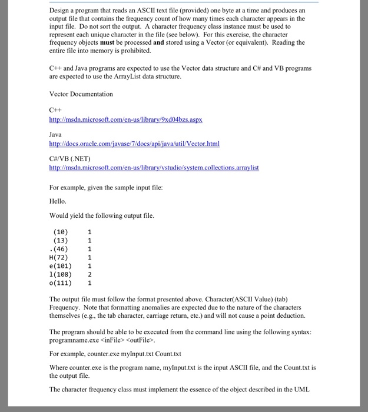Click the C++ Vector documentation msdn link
tap(125, 119)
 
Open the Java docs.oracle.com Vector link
tap(134, 144)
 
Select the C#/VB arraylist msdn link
tap(154, 168)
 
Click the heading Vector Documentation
tap(81, 94)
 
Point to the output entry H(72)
tap(59, 257)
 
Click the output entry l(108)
tap(61, 274)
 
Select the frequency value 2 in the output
tap(89, 274)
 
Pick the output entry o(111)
tap(61, 283)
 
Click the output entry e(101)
tap(61, 265)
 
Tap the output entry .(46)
tap(60, 248)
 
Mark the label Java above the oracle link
tap(56, 134)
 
